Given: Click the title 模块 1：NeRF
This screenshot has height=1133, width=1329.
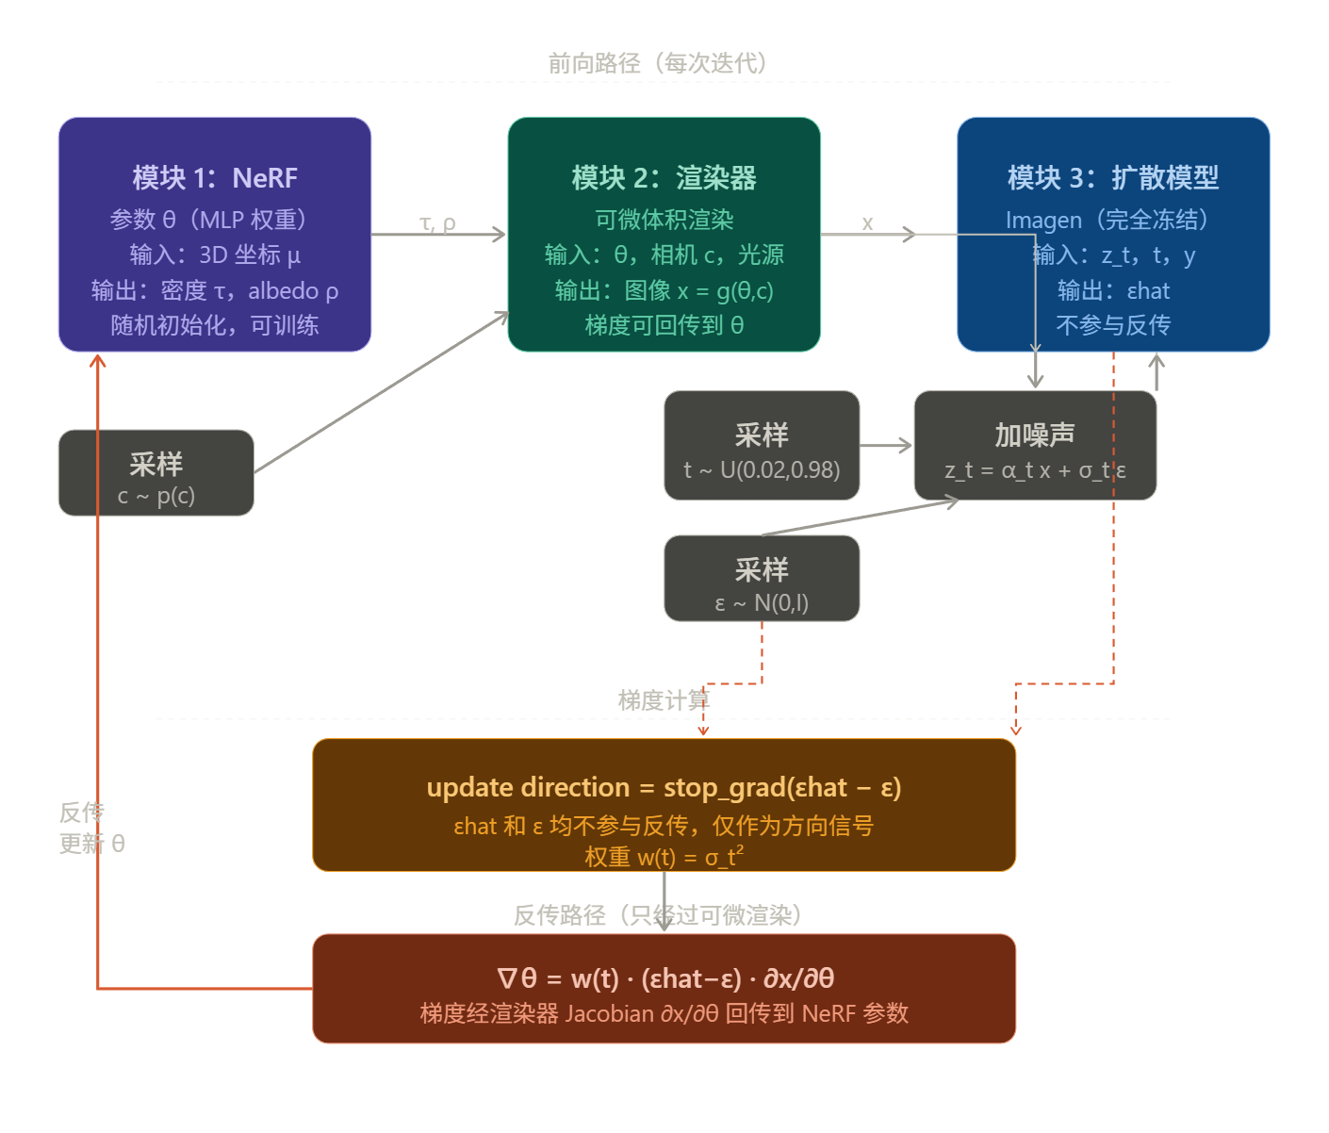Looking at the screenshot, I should point(215,178).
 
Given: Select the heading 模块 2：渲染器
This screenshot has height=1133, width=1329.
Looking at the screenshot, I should point(664,178).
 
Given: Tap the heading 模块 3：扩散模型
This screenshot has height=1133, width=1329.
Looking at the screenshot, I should point(1113,177).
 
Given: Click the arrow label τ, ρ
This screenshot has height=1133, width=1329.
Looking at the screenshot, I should point(437,222).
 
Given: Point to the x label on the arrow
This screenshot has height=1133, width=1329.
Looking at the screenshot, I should point(867,222).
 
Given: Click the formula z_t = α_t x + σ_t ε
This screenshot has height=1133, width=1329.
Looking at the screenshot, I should point(1035,470).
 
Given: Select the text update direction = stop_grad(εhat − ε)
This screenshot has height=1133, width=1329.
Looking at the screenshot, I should point(664,787).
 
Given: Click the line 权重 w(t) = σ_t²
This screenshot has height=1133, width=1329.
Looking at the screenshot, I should point(664,856).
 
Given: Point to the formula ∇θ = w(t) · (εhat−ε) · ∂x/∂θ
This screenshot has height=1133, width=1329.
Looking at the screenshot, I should point(664,978).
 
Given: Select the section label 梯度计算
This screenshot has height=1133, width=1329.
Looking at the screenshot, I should point(664,700).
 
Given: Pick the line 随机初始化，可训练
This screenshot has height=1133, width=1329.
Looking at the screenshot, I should point(215,325).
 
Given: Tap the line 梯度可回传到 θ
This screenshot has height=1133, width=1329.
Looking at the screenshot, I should point(664,325).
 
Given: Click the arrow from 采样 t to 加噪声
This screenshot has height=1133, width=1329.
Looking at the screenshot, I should point(886,445).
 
